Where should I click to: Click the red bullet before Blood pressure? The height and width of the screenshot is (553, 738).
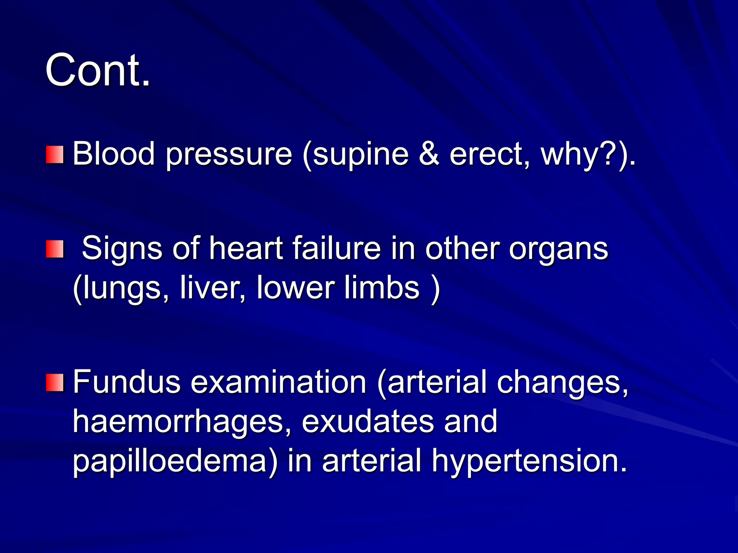pyautogui.click(x=55, y=154)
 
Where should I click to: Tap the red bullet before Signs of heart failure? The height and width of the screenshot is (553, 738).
pyautogui.click(x=55, y=249)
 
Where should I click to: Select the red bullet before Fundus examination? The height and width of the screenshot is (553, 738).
pyautogui.click(x=55, y=382)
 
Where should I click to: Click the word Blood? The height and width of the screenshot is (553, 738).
pyautogui.click(x=114, y=154)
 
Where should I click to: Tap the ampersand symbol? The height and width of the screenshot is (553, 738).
pyautogui.click(x=429, y=154)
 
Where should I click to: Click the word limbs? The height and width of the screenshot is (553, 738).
pyautogui.click(x=382, y=288)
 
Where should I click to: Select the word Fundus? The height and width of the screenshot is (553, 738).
pyautogui.click(x=126, y=382)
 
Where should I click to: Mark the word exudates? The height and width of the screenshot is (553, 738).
pyautogui.click(x=368, y=421)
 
